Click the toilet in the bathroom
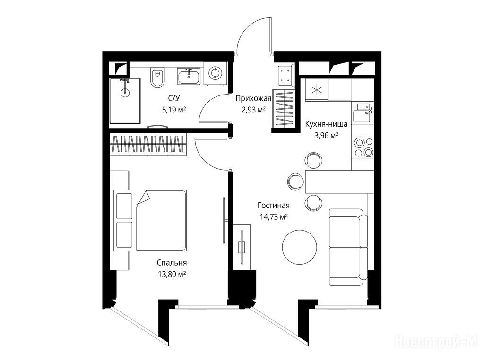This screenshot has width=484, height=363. point(157,78)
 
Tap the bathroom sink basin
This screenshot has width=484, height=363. point(189,76)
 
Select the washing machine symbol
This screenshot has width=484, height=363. point(215,73)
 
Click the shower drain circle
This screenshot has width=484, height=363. point(125,92)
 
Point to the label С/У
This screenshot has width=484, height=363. point(174,98)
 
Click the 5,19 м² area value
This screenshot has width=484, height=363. point(174,109)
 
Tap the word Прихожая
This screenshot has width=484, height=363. point(253,98)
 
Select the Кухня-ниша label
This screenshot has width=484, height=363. point(326,124)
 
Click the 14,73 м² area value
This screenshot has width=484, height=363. point(274,216)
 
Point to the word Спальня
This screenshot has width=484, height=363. point(172,263)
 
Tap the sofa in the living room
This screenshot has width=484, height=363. point(348,247)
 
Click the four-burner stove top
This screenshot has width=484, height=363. point(363,147)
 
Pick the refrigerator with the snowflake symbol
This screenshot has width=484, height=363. point(316,90)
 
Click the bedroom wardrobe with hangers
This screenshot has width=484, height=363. point(148,144)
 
